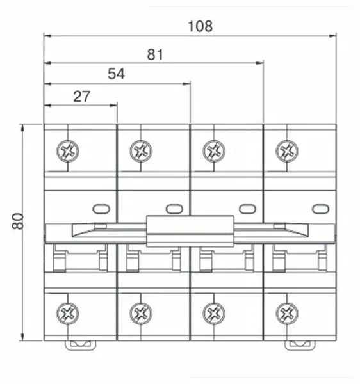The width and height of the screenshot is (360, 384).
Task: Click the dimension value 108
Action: coord(200,26)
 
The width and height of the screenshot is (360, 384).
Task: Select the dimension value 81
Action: coord(155,54)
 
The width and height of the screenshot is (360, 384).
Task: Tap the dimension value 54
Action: coord(116,74)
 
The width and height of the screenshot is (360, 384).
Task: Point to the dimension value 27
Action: coord(81,97)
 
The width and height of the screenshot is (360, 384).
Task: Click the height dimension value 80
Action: coord(18,221)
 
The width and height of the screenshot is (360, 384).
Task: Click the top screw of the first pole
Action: coord(68,151)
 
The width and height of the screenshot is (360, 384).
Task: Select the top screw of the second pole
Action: coord(141,151)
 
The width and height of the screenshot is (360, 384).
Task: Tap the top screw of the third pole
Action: coord(214,151)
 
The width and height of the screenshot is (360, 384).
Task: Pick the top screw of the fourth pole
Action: coord(287,151)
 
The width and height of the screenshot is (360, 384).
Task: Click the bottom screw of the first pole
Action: coord(68,314)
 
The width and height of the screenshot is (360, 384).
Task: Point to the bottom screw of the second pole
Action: coord(141,314)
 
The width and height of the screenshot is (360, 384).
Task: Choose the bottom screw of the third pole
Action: coord(214,314)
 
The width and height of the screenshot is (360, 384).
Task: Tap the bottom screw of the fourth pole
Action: coord(287,314)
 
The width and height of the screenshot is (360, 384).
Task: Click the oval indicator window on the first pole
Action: coord(101,209)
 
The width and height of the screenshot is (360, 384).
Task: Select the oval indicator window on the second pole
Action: coord(174,209)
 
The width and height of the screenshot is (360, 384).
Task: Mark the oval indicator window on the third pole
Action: coord(247,209)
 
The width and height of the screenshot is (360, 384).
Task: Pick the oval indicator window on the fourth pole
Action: coord(320,209)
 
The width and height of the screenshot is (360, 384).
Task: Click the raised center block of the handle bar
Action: coord(190,231)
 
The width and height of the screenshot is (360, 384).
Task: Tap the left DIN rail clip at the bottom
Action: coord(80,346)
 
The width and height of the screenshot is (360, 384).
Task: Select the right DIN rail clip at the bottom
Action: coord(300,346)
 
